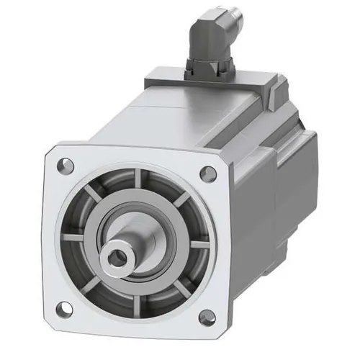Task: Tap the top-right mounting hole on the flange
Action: point(209,173)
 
